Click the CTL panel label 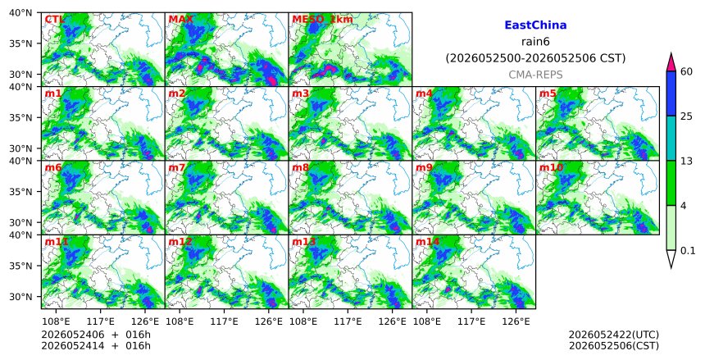click(54, 20)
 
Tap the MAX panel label click(180, 20)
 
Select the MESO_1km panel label click(322, 20)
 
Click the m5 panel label click(548, 93)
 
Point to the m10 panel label click(551, 167)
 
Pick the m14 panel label click(427, 242)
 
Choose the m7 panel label click(177, 167)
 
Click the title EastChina click(535, 25)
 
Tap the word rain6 click(535, 42)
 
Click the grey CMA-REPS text click(535, 75)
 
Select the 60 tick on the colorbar click(686, 71)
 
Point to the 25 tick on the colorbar click(686, 116)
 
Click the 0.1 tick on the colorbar click(688, 251)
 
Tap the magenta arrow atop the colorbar click(671, 63)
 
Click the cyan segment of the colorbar click(671, 138)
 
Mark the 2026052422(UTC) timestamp click(614, 335)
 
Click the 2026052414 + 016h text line click(96, 345)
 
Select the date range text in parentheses click(535, 58)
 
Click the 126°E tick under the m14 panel click(516, 322)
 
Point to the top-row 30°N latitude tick click(20, 75)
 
